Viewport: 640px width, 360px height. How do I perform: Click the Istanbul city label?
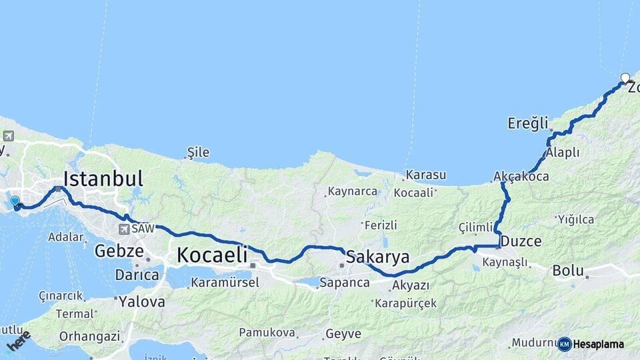click(x=103, y=178)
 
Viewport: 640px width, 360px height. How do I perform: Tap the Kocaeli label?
click(x=212, y=254)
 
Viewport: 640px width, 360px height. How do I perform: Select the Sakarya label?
click(x=378, y=257)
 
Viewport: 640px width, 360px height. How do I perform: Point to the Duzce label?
click(x=521, y=241)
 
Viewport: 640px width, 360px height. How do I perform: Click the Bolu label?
click(x=568, y=271)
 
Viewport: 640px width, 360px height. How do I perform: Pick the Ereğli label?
click(x=527, y=123)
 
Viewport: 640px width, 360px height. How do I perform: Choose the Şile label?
click(x=198, y=153)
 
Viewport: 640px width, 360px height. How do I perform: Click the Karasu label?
click(x=426, y=175)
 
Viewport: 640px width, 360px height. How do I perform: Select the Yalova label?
click(x=141, y=301)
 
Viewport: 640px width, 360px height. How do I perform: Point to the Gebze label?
click(x=119, y=251)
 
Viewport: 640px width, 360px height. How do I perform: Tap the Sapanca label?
click(x=345, y=283)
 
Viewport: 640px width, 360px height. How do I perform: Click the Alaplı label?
click(x=563, y=153)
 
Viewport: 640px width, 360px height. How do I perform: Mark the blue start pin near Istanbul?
click(x=15, y=200)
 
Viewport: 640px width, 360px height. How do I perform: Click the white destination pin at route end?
click(x=625, y=78)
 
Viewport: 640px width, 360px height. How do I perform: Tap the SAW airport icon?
click(x=124, y=229)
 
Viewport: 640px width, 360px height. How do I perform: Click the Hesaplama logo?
click(x=591, y=344)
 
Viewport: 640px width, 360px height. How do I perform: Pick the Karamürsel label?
click(x=225, y=283)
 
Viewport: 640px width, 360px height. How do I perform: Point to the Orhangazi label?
click(x=90, y=337)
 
